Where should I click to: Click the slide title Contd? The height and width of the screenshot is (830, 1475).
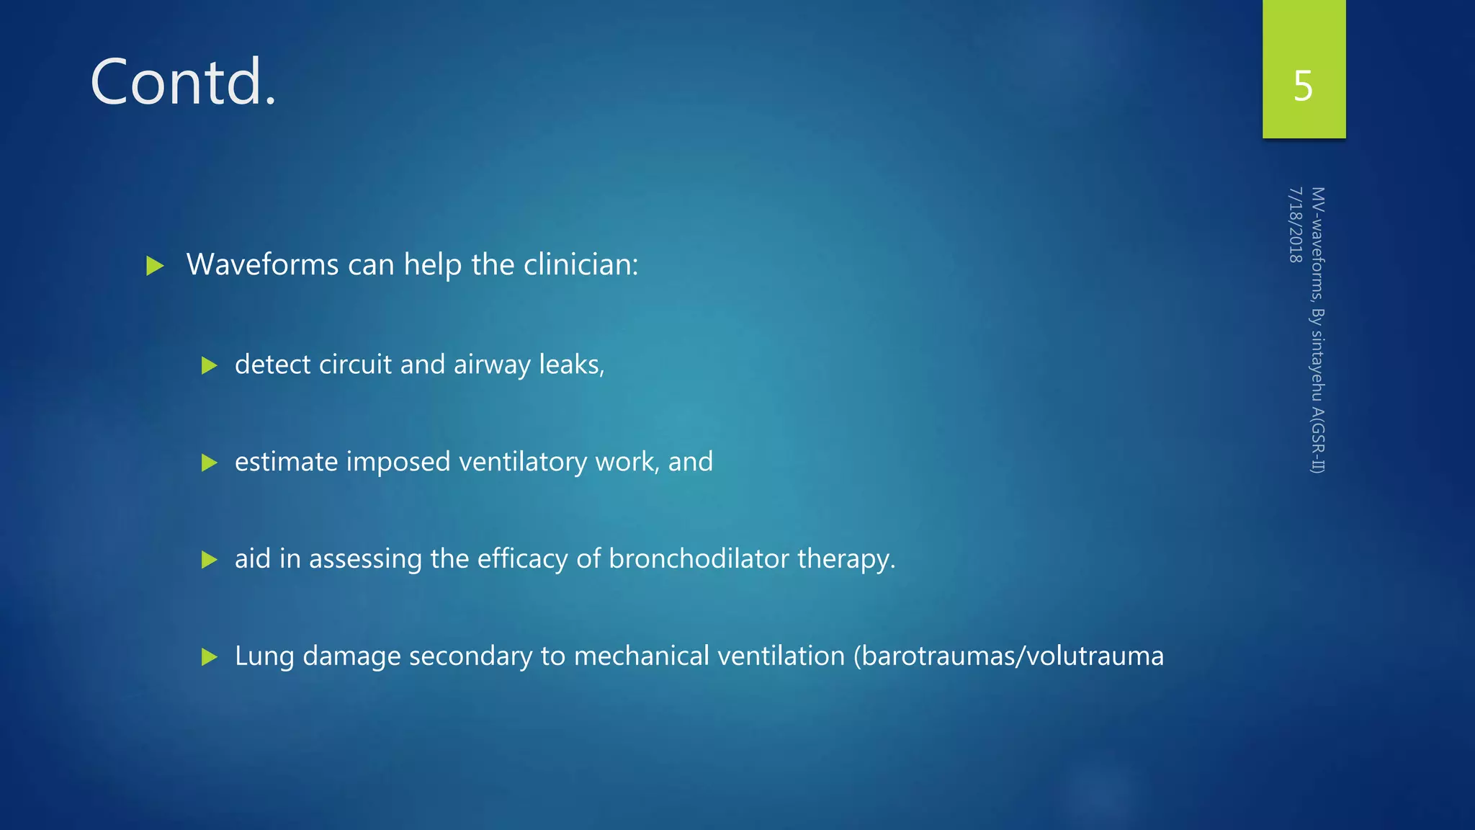[183, 83]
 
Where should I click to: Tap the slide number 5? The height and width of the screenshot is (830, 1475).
[1303, 86]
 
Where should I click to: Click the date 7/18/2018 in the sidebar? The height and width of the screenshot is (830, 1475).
[1296, 225]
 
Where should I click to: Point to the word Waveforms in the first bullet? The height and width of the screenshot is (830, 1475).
[262, 265]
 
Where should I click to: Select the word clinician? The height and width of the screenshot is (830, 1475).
[580, 265]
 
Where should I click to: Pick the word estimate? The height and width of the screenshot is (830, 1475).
[286, 462]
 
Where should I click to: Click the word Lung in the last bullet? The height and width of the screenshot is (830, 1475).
[264, 656]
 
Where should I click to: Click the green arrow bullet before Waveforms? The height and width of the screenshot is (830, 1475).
[155, 266]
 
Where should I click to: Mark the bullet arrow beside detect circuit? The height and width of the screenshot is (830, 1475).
[209, 365]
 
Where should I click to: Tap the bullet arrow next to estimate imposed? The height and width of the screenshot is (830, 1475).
[209, 463]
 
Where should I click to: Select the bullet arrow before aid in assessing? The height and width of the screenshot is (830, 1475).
[209, 560]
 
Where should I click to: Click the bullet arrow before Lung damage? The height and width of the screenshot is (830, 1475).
[209, 657]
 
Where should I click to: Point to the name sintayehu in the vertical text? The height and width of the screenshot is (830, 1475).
[1317, 366]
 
